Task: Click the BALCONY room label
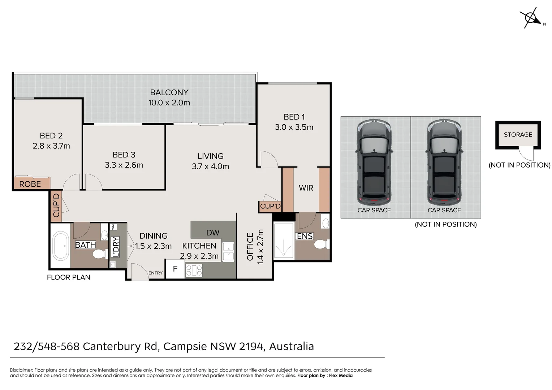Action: pyautogui.click(x=169, y=92)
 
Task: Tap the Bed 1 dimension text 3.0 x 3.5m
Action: pyautogui.click(x=294, y=127)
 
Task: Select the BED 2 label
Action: pyautogui.click(x=51, y=135)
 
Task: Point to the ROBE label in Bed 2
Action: pyautogui.click(x=30, y=184)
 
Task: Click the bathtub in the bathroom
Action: pyautogui.click(x=60, y=246)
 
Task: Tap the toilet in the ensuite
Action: pyautogui.click(x=322, y=244)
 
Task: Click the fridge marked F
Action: pyautogui.click(x=175, y=269)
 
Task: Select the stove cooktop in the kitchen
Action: pyautogui.click(x=194, y=270)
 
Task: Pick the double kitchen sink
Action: pyautogui.click(x=228, y=252)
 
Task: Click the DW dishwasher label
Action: pyautogui.click(x=213, y=233)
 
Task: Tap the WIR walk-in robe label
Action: pyautogui.click(x=306, y=188)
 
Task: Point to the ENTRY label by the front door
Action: pyautogui.click(x=155, y=273)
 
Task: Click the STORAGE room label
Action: pyautogui.click(x=518, y=135)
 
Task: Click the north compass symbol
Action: pyautogui.click(x=531, y=18)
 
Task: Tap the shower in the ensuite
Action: pyautogui.click(x=284, y=241)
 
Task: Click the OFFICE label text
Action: pyautogui.click(x=250, y=247)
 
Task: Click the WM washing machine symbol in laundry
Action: pyautogui.click(x=113, y=227)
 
